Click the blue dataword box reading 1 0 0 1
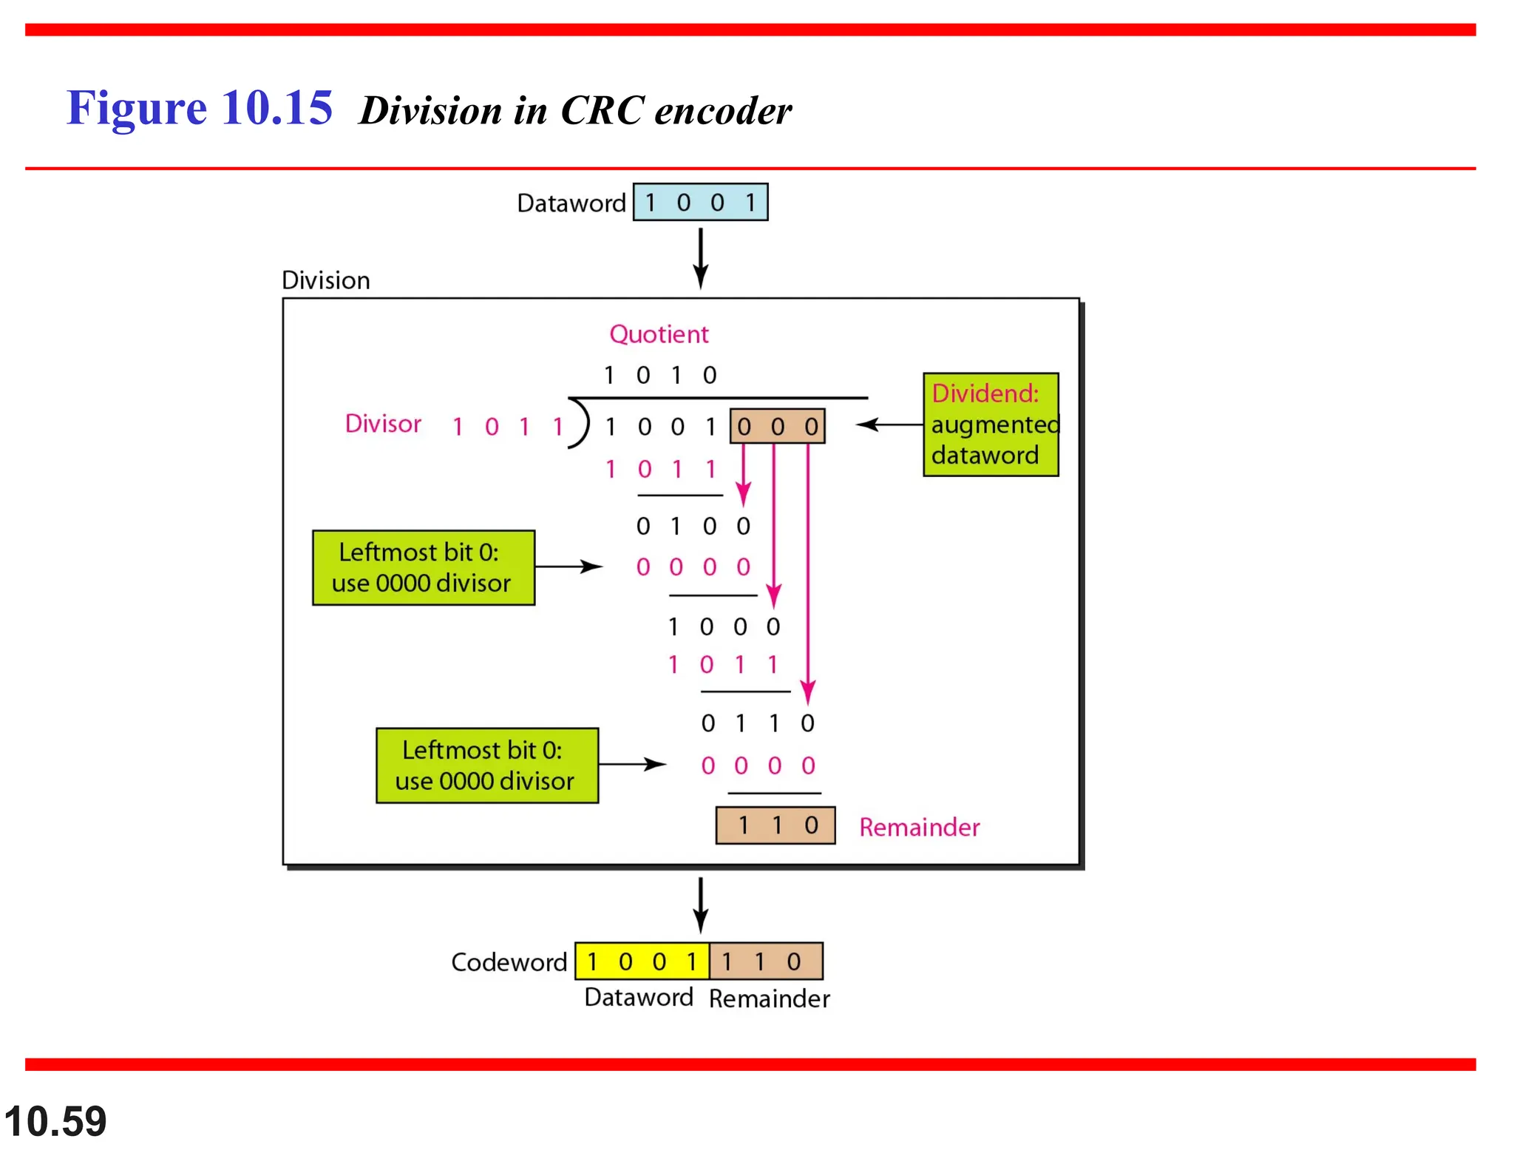tap(700, 202)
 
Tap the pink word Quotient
tap(659, 334)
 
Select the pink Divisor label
tap(383, 424)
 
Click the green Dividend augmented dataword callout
tap(991, 425)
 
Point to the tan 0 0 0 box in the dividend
tap(777, 427)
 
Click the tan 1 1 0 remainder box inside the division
tap(775, 825)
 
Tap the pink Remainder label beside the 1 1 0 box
tap(919, 827)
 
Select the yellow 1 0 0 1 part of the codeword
tap(642, 961)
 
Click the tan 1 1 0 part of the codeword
tap(766, 961)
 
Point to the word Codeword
tap(509, 962)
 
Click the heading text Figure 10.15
tap(200, 108)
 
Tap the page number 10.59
tap(55, 1121)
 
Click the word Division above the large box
tap(325, 280)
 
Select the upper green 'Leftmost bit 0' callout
tap(424, 568)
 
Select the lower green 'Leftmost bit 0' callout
tap(487, 765)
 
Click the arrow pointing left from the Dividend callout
tap(889, 425)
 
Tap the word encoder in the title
tap(722, 111)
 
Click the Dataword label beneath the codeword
tap(639, 998)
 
